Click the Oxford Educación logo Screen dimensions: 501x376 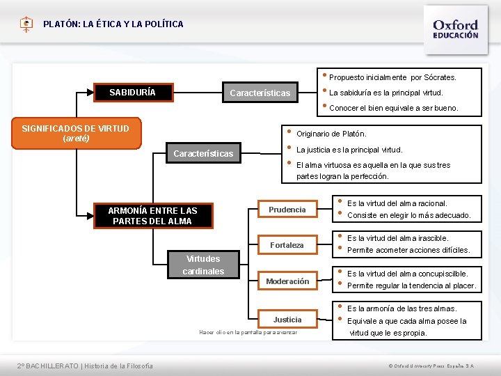[456, 29]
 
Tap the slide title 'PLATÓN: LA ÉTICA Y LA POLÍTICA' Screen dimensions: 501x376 [113, 24]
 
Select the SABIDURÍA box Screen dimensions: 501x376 [133, 92]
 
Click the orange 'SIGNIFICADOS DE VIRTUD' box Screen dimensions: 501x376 [71, 133]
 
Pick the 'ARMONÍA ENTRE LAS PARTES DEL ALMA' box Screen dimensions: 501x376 [152, 216]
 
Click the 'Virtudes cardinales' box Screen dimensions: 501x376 [203, 265]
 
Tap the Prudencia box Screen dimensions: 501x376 [287, 210]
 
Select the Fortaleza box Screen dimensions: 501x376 [287, 245]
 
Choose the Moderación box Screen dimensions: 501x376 [287, 281]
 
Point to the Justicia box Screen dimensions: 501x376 [287, 320]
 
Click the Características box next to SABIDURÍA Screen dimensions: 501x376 [260, 93]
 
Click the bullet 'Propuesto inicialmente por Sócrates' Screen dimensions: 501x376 [392, 77]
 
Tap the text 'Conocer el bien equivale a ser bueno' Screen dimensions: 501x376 [393, 108]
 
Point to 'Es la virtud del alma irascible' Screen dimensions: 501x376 [397, 238]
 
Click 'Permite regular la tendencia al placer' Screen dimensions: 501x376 [411, 285]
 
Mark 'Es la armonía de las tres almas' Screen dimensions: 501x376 [401, 308]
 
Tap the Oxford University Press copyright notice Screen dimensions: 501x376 [431, 366]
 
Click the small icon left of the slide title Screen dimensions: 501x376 [26, 24]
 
